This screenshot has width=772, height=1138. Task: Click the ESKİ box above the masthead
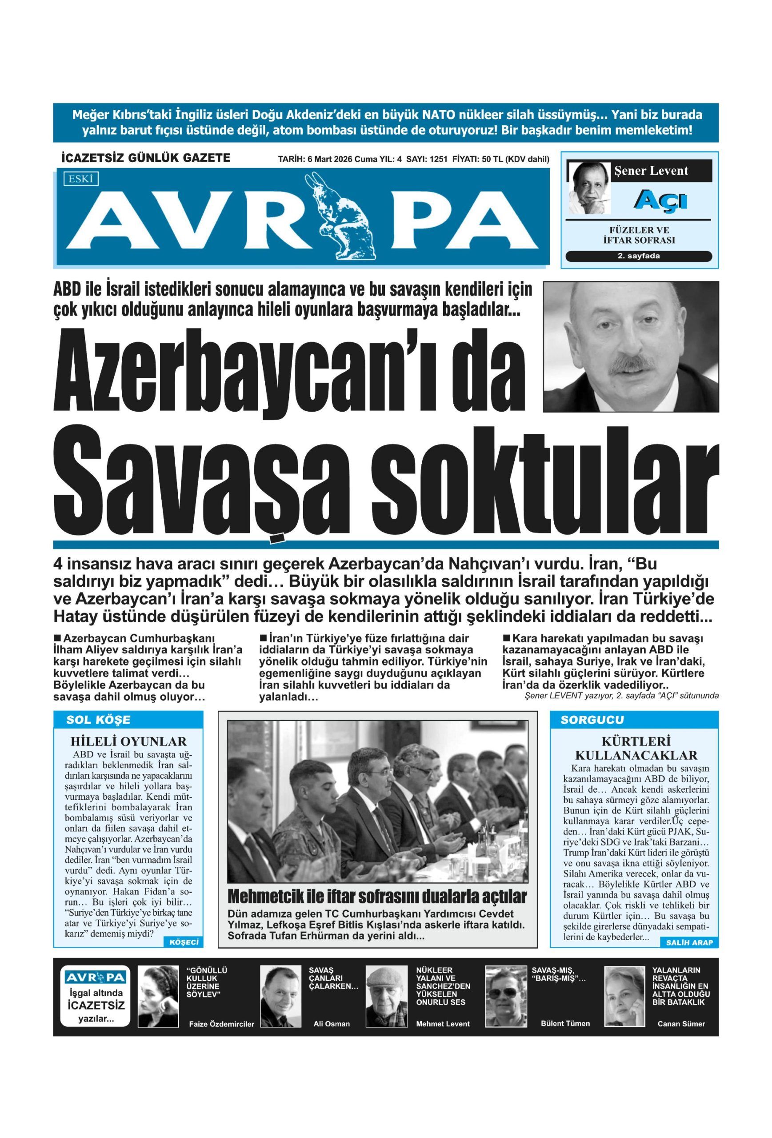[x=81, y=179]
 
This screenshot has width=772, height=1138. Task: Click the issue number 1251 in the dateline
[x=438, y=159]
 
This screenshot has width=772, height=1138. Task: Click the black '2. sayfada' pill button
[x=638, y=256]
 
